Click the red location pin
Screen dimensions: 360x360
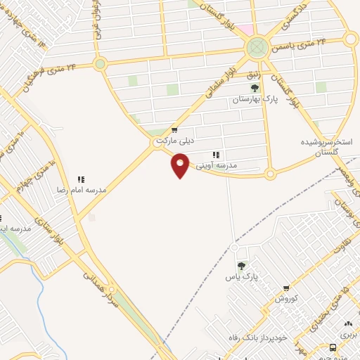point(181,166)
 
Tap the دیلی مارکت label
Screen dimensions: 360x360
point(174,141)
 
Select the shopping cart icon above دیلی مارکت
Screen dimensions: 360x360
point(174,130)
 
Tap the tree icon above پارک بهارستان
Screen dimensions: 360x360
point(255,89)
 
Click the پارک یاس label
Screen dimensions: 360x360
point(242,276)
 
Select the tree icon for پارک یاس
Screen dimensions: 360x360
point(241,265)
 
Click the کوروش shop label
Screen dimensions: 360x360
point(287,298)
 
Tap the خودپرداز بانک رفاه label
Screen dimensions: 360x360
point(259,337)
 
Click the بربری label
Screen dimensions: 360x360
point(348,335)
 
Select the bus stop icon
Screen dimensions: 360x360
point(333,348)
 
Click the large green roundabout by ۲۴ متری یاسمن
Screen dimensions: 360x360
point(257,48)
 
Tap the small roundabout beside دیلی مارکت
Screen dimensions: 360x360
point(159,143)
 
